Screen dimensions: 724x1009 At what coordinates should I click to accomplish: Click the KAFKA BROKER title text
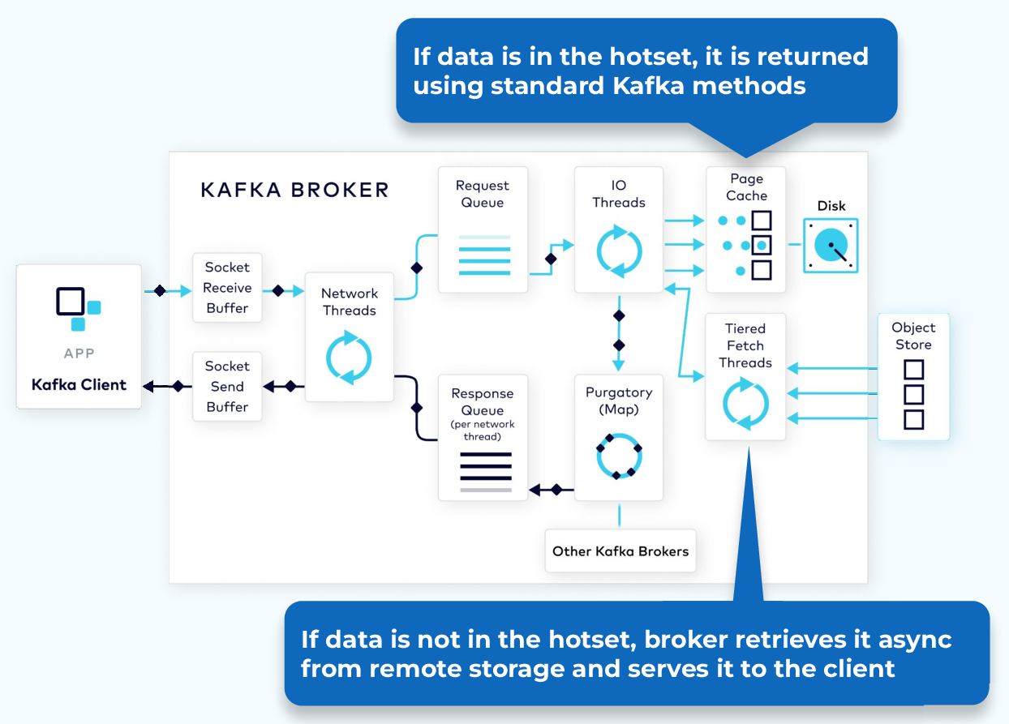pos(294,191)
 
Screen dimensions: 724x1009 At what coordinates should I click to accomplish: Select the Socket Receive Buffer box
pos(227,288)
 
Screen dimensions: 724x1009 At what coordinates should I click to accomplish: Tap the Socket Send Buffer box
pos(227,387)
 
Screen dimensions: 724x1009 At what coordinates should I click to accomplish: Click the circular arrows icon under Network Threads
pos(349,357)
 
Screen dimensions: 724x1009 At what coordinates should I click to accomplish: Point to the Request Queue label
pos(483,195)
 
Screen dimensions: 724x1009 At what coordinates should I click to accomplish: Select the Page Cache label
pos(746,187)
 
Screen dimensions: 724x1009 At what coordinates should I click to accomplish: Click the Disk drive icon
pos(831,245)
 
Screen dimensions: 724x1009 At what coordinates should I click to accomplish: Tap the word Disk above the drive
pos(831,206)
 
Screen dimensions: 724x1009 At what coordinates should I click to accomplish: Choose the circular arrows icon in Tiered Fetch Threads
pos(745,405)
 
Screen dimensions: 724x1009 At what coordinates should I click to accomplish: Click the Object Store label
pos(913,336)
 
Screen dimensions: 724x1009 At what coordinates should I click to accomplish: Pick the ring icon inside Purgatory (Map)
pos(619,457)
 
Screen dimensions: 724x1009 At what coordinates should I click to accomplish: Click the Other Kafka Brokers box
pos(620,551)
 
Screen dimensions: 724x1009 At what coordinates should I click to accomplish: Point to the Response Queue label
pos(483,402)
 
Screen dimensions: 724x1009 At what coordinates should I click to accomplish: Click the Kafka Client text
pos(79,384)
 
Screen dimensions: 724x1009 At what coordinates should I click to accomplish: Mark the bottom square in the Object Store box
pos(913,420)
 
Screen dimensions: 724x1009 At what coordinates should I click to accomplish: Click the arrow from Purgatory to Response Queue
pos(551,490)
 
